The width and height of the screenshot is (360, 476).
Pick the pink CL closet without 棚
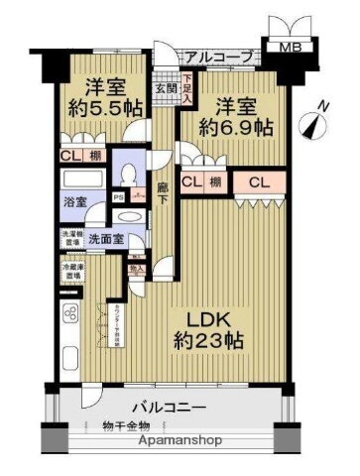pyautogui.click(x=262, y=181)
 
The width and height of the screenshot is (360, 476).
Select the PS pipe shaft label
pyautogui.click(x=118, y=194)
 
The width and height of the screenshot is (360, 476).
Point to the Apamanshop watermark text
pyautogui.click(x=179, y=440)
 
